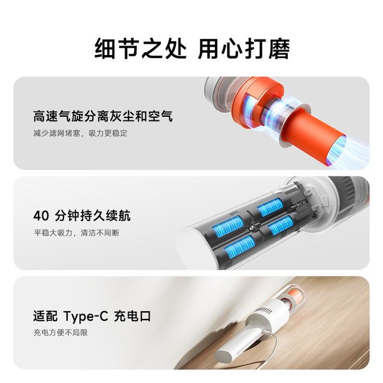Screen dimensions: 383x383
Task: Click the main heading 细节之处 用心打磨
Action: pos(192,48)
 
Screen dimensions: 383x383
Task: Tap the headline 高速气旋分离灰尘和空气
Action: pos(103,116)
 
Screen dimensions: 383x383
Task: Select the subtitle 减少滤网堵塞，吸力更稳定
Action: pos(80,133)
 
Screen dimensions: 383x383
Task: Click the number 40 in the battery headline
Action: pos(41,215)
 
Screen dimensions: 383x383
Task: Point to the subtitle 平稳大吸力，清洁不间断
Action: pos(77,233)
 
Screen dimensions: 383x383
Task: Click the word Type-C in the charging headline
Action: pos(86,317)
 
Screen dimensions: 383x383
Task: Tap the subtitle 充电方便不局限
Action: pos(60,333)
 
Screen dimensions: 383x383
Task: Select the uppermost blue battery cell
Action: pos(270,207)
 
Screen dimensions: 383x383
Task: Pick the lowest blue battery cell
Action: pos(239,247)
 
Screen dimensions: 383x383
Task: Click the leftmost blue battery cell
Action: pos(227,227)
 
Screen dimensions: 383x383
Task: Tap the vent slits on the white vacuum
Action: pos(264,311)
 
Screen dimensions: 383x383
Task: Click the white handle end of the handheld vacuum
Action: pos(223,356)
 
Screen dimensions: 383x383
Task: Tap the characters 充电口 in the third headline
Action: pos(133,317)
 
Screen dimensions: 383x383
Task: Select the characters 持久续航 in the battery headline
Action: pos(105,215)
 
